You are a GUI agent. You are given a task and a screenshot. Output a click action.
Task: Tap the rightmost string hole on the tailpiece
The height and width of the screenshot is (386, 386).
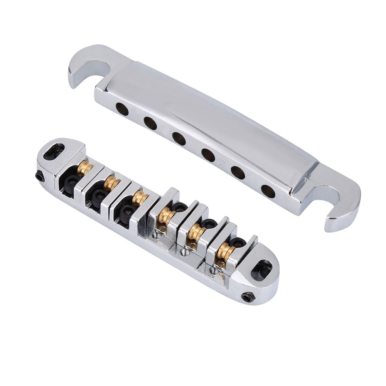coord(268,191)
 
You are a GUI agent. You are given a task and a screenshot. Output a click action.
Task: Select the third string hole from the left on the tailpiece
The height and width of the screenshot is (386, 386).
coord(179,139)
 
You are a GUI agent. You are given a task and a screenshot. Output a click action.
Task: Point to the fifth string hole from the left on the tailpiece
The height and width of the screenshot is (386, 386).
coord(238,173)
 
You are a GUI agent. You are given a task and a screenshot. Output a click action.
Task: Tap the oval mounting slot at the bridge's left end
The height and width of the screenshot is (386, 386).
coord(54,152)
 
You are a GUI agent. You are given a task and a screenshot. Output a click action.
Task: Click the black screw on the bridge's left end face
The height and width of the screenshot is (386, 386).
coord(39,176)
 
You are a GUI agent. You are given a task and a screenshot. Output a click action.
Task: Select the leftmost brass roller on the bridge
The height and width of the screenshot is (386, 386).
coord(84,169)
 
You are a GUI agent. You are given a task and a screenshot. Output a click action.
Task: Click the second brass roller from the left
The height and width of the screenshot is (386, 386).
coord(111,183)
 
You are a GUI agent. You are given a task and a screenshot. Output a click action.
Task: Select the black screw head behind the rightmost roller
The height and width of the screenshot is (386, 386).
coord(237,242)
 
